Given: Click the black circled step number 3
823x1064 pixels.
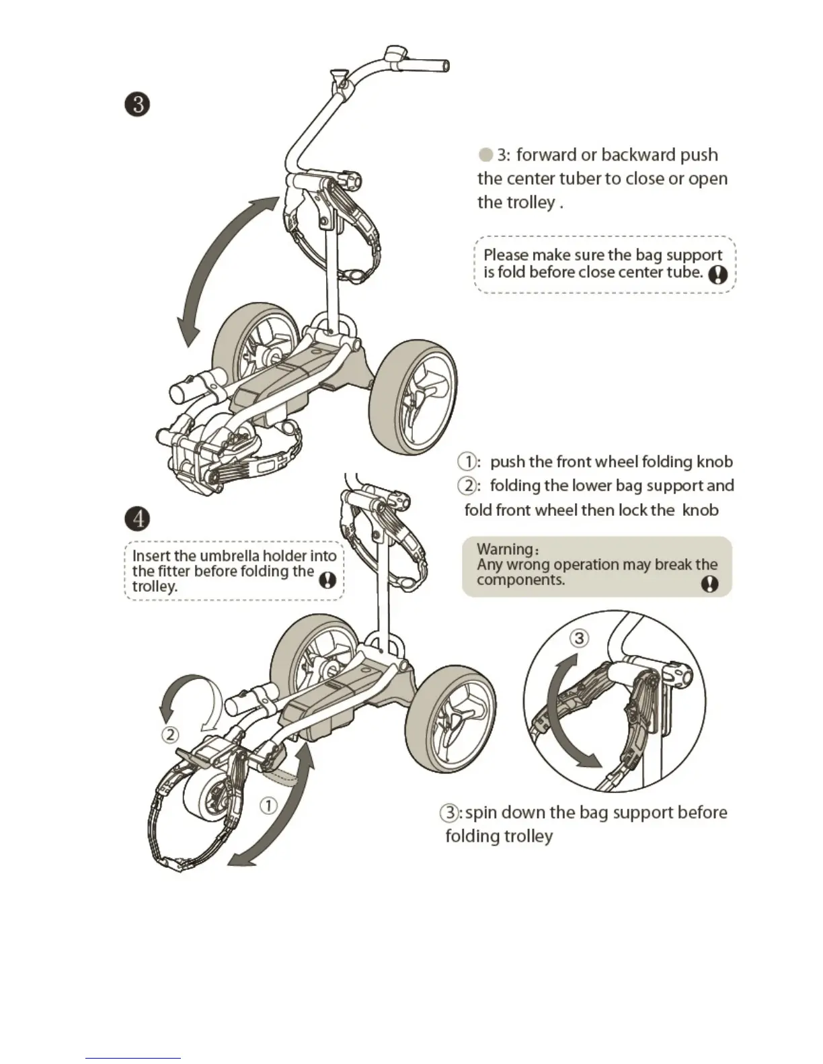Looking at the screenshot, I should pyautogui.click(x=137, y=105).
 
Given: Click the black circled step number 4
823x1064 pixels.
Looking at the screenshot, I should pyautogui.click(x=137, y=519).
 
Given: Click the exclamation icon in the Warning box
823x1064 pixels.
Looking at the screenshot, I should pyautogui.click(x=709, y=584).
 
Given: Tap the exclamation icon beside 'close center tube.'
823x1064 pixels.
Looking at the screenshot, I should pyautogui.click(x=717, y=274).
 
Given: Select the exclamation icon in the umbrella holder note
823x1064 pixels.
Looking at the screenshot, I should pyautogui.click(x=327, y=580).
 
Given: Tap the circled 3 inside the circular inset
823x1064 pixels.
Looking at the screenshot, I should pyautogui.click(x=579, y=637).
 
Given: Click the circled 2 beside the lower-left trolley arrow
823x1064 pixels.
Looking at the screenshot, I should pyautogui.click(x=171, y=735).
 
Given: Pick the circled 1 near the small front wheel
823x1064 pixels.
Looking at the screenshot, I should pyautogui.click(x=268, y=805).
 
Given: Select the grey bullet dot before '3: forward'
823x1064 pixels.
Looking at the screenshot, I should pyautogui.click(x=485, y=155).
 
